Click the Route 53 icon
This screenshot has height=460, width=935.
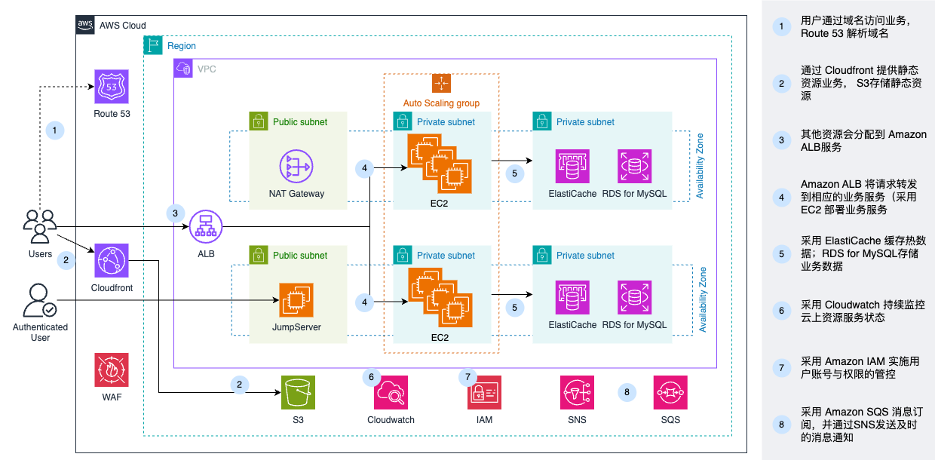coord(112,87)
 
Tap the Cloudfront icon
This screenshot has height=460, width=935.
coord(112,261)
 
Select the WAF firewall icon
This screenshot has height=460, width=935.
coord(112,370)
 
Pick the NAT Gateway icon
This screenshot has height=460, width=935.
coord(296,167)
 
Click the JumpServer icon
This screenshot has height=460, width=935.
coord(296,299)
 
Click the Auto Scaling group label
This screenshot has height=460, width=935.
coord(441,103)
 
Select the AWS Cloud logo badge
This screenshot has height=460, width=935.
coord(85,25)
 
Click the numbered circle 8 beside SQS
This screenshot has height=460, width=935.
coord(626,392)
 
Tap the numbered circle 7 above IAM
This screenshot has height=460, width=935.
coord(467,376)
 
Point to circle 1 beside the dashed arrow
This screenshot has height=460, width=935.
coord(54,130)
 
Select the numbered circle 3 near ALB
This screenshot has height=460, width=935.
coord(175,213)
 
